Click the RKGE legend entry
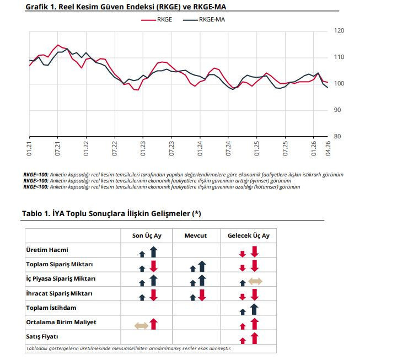click(x=164, y=19)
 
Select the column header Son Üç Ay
click(x=146, y=235)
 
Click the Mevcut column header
click(x=196, y=235)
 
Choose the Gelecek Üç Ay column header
click(x=249, y=235)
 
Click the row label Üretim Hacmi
click(x=47, y=250)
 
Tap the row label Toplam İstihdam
click(x=51, y=308)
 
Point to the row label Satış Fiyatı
click(x=44, y=336)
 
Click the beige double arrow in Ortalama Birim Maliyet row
click(x=141, y=325)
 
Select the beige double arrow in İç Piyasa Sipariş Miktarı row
click(x=255, y=282)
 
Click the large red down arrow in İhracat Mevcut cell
click(x=202, y=295)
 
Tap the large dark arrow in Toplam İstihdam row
click(x=254, y=309)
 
